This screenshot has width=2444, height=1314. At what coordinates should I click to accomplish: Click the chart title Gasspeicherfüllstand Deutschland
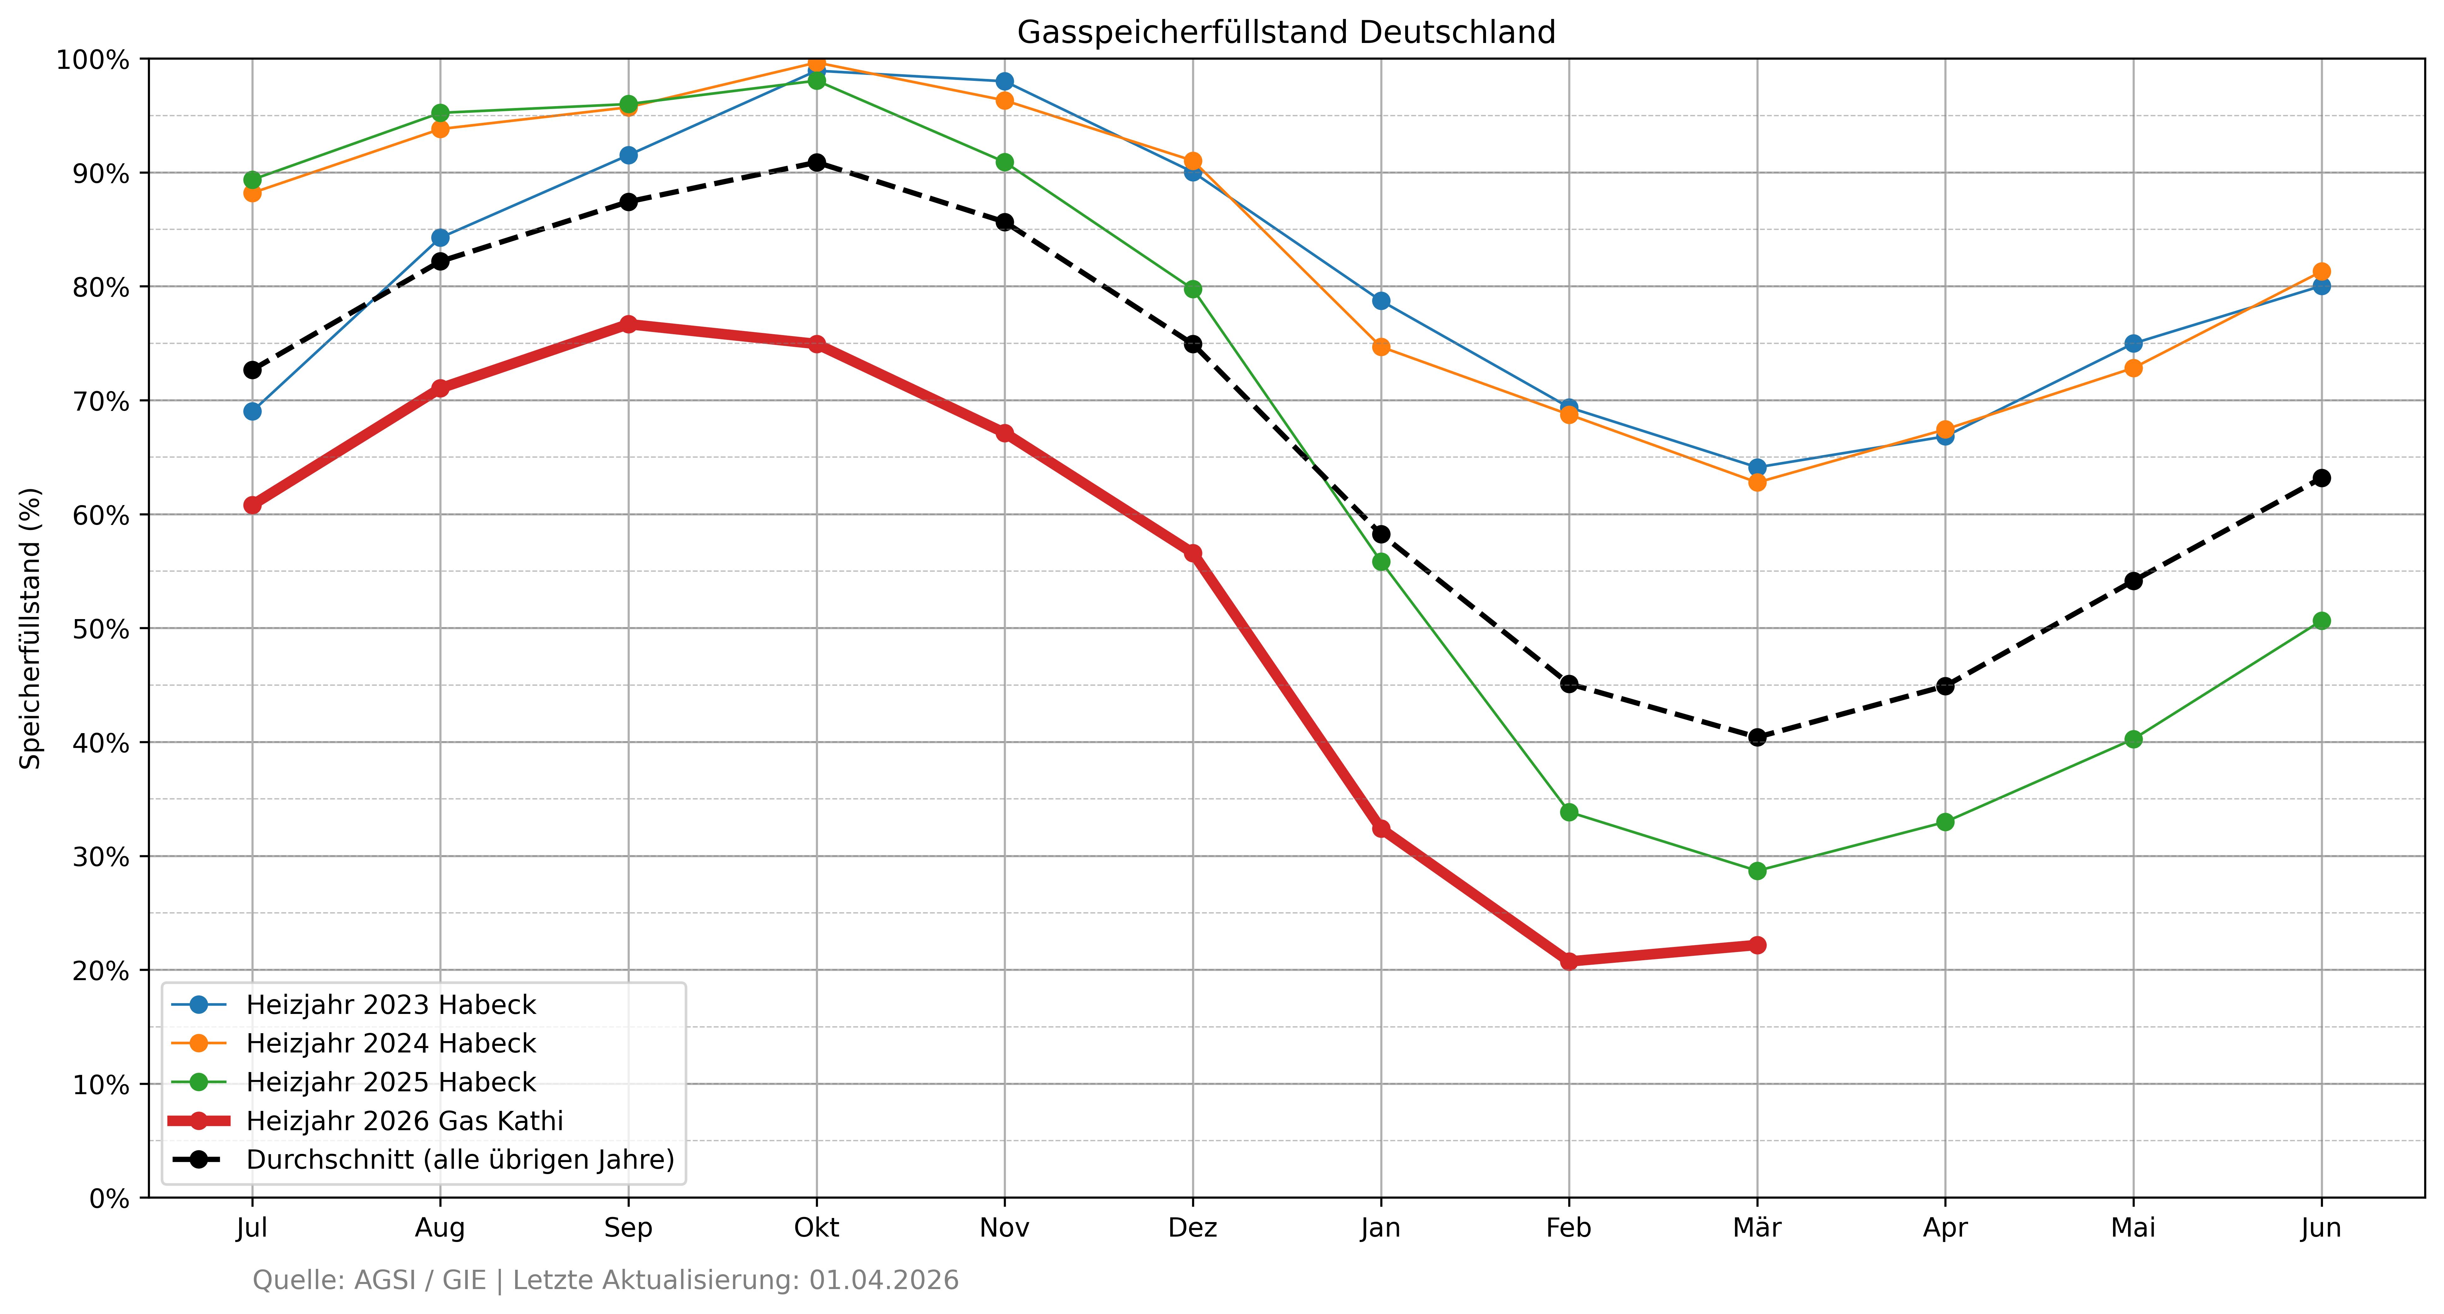[x=1285, y=32]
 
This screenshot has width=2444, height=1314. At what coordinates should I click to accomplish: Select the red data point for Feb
[x=1568, y=961]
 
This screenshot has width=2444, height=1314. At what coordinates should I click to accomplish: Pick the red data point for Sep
[x=628, y=324]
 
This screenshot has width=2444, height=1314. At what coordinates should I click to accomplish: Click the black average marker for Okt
[x=816, y=162]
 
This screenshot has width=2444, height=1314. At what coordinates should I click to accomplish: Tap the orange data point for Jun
[x=2321, y=271]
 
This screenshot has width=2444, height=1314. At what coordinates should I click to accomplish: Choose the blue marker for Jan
[x=1381, y=301]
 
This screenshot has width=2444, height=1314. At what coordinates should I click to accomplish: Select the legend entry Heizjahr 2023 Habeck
[x=391, y=1005]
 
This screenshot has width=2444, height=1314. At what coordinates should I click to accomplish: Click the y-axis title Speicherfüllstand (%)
[x=31, y=628]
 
